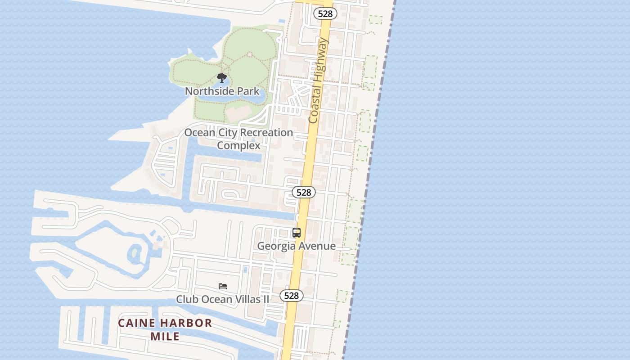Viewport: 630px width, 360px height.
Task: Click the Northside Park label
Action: pos(222,91)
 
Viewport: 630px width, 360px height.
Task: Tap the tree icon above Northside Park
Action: pos(221,78)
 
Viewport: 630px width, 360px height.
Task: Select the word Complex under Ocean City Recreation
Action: pos(238,145)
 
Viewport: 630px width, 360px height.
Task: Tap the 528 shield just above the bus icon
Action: pos(304,192)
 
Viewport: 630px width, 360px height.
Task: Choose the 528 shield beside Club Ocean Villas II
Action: pos(292,296)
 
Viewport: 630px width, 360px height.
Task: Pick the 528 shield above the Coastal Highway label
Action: pos(325,13)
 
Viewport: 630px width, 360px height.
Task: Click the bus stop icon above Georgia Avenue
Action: pos(296,233)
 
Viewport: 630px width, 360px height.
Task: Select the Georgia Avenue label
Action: pos(296,246)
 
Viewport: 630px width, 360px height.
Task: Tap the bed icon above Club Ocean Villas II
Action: pos(223,286)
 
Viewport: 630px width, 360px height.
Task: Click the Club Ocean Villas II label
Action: pos(222,299)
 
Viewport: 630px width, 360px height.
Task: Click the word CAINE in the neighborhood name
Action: pos(137,323)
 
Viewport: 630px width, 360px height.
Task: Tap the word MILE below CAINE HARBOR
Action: pos(165,336)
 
